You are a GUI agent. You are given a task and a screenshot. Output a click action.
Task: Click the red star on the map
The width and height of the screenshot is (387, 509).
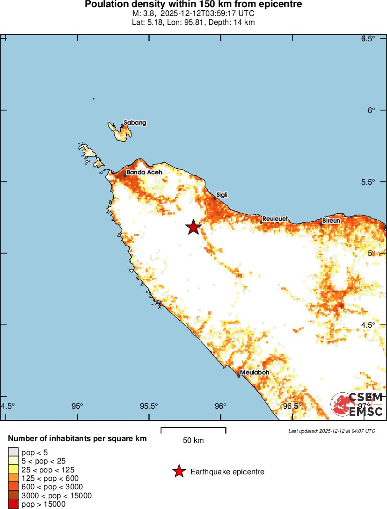click(193, 227)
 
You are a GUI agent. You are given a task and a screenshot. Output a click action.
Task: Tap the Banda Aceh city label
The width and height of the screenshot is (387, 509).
click(144, 172)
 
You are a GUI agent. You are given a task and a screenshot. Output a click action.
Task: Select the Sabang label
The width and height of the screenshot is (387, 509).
click(135, 123)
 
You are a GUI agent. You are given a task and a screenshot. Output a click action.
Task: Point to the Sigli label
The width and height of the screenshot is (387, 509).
click(222, 195)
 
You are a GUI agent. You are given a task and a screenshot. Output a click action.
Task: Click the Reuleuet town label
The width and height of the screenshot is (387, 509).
click(275, 219)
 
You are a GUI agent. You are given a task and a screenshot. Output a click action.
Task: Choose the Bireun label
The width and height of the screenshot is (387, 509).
click(331, 220)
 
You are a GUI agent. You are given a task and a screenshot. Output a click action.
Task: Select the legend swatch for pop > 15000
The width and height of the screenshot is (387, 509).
click(13, 504)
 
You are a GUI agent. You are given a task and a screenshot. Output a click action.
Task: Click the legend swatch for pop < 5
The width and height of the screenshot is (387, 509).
click(13, 452)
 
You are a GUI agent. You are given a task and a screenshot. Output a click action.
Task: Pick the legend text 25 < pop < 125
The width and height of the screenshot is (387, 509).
click(48, 470)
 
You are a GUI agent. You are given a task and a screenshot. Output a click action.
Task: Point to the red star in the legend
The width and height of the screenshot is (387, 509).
click(179, 472)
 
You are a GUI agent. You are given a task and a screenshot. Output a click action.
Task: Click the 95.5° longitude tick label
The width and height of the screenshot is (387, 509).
click(149, 406)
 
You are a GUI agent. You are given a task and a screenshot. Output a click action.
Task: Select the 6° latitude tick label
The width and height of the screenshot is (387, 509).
click(371, 110)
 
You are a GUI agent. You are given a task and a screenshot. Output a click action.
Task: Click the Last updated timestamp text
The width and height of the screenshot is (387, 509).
click(331, 431)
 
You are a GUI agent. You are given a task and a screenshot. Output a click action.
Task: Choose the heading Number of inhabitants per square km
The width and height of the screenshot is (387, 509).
click(78, 439)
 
